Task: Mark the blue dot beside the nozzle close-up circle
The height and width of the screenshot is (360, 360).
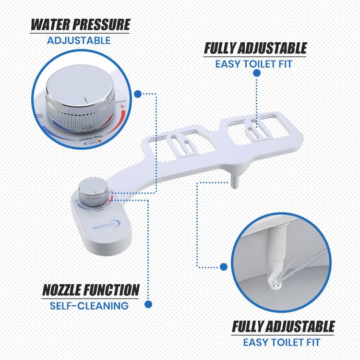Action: click(223, 266)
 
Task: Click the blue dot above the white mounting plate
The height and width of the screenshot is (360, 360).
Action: click(256, 73)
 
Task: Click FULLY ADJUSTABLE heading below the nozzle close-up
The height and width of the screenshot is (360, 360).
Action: click(283, 327)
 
